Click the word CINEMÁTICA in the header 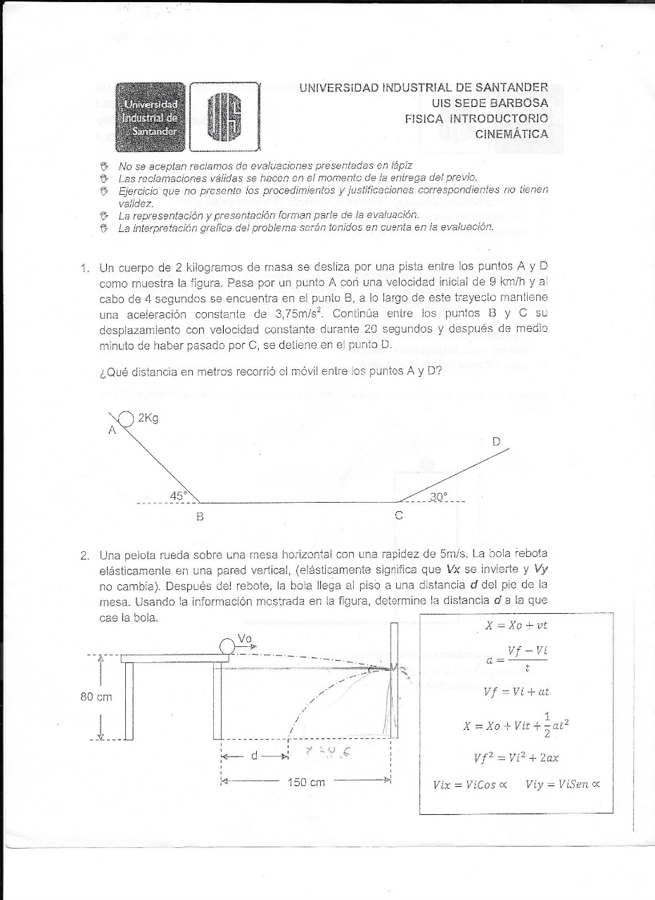(511, 134)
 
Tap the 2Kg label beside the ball (148, 418)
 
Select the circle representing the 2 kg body (126, 419)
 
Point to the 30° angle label (438, 496)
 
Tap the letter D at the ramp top (496, 442)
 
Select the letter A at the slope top (111, 431)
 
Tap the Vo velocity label (245, 638)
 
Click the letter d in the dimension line (255, 756)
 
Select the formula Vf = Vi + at (516, 691)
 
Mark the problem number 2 (84, 555)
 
